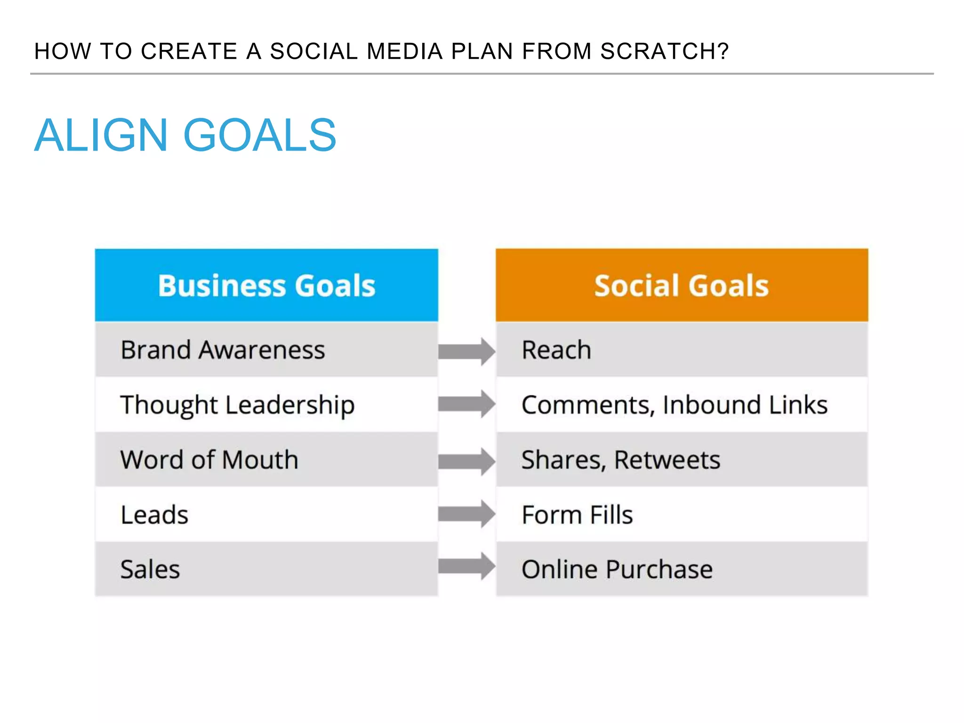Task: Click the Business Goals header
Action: [x=266, y=285]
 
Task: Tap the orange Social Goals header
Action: [x=682, y=285]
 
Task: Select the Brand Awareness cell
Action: [x=266, y=350]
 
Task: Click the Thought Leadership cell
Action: [x=266, y=405]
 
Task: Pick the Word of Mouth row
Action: [x=266, y=459]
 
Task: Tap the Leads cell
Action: [x=266, y=514]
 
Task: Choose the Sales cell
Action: [x=266, y=569]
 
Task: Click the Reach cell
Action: [x=682, y=350]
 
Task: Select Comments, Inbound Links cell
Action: [x=682, y=405]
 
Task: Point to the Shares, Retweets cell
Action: [x=682, y=459]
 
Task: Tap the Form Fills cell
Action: [x=682, y=514]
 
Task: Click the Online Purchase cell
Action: [x=682, y=569]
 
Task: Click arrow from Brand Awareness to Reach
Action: [x=466, y=351]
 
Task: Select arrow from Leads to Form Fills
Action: [x=466, y=514]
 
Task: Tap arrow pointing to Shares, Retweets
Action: [x=466, y=461]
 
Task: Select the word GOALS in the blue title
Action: [x=260, y=136]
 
